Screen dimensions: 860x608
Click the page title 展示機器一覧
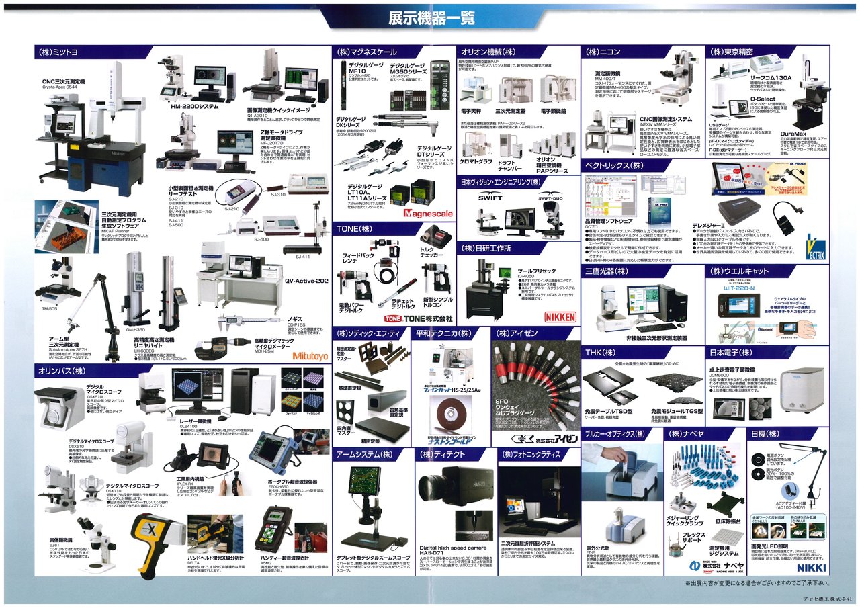click(429, 18)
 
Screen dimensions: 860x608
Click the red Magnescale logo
click(429, 214)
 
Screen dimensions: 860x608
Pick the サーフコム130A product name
click(771, 78)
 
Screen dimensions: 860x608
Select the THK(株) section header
click(600, 353)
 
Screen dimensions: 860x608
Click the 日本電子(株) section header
click(731, 353)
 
